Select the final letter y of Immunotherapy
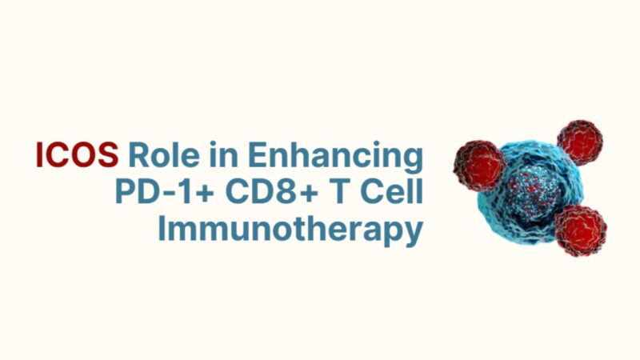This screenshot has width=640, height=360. click(413, 234)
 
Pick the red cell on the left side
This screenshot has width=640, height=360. click(479, 165)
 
